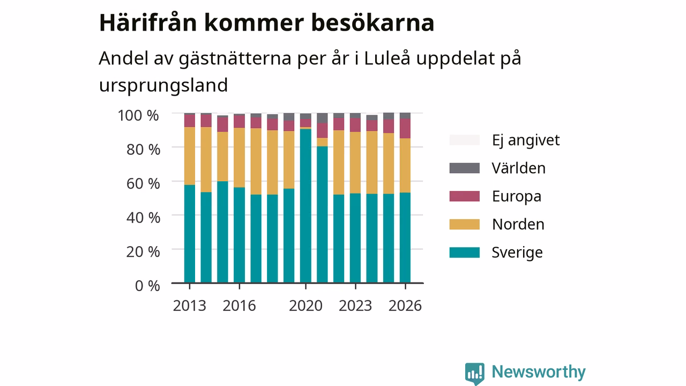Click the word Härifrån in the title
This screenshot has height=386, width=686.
[x=148, y=23]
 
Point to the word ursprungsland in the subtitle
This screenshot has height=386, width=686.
[x=163, y=85]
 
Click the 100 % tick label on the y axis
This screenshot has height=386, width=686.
[x=138, y=115]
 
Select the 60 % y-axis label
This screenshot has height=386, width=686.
[x=143, y=183]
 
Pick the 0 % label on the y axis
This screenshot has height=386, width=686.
[x=147, y=286]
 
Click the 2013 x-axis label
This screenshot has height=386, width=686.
[x=190, y=306]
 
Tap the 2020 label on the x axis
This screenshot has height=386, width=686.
[x=305, y=306]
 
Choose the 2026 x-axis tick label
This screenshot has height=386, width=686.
[x=405, y=306]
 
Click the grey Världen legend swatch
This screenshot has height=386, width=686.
[x=464, y=168]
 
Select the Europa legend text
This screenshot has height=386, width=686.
[x=517, y=196]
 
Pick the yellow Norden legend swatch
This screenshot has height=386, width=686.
[x=464, y=224]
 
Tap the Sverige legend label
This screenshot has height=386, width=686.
[x=517, y=253]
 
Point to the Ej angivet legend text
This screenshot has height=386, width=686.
[x=526, y=140]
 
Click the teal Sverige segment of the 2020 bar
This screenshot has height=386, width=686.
[x=305, y=205]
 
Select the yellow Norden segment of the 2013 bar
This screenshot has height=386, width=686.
[x=190, y=156]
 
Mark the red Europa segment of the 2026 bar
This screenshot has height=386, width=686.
[x=405, y=128]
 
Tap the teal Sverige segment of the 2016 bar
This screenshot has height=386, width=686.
[x=239, y=235]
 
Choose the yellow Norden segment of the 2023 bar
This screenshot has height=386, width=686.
[x=355, y=162]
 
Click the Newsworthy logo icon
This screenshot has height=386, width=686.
[x=475, y=374]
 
